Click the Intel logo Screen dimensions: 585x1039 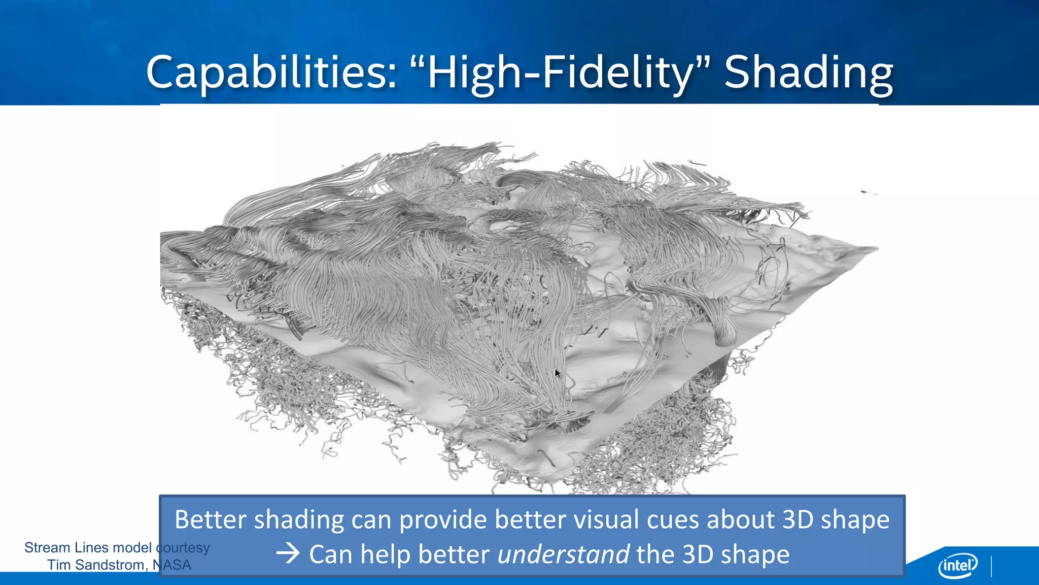[x=958, y=565]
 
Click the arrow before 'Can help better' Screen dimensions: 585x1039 [x=288, y=554]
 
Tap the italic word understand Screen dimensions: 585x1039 [x=563, y=554]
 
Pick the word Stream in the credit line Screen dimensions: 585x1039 [x=47, y=547]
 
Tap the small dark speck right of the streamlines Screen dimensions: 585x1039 [x=864, y=191]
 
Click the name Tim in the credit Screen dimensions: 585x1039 [x=59, y=565]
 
